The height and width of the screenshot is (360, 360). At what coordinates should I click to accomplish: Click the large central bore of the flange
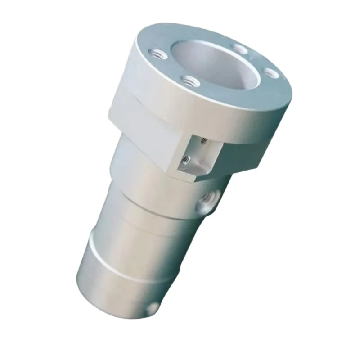216,65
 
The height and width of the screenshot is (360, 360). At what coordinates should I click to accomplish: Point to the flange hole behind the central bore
239,48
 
